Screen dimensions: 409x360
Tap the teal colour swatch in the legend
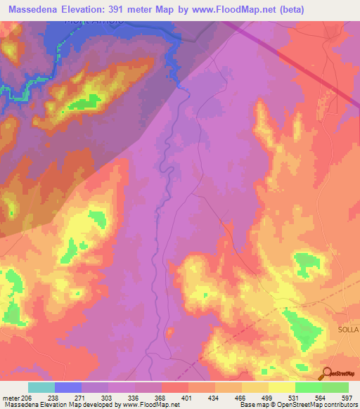[41, 387]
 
